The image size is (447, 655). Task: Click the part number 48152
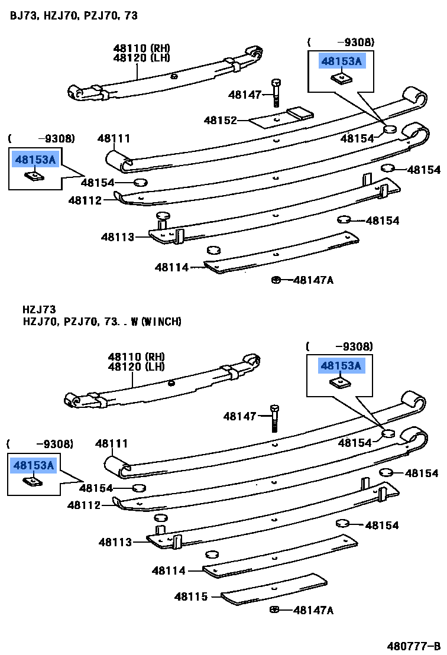click(220, 121)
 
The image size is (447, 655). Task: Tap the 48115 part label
click(190, 597)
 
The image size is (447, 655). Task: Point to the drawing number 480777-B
click(414, 646)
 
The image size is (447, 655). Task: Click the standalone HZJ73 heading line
click(39, 309)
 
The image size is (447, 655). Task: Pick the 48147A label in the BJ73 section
click(313, 280)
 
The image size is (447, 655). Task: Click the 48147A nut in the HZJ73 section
click(274, 609)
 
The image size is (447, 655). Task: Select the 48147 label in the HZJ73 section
click(239, 416)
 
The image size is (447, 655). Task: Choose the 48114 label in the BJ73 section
click(171, 267)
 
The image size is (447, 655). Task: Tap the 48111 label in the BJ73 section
click(114, 138)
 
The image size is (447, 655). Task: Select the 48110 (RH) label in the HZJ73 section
click(136, 356)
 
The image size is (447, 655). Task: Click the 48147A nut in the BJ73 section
click(276, 280)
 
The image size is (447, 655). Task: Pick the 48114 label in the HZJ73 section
click(169, 570)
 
